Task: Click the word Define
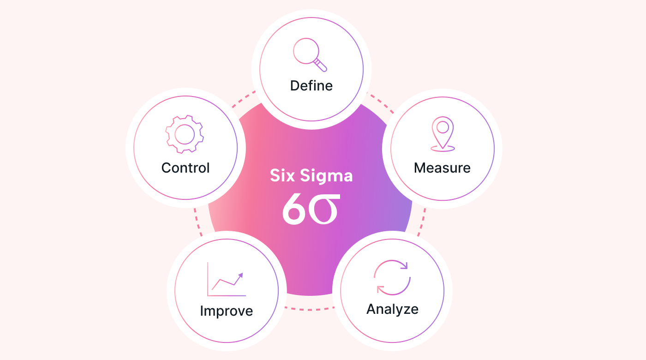311,86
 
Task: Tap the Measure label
442,168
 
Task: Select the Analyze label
392,310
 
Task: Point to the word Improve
227,311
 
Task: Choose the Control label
185,168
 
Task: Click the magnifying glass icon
310,54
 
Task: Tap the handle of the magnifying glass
320,65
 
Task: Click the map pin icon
443,134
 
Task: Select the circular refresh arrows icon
392,277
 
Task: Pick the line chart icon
227,279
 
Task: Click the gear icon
185,134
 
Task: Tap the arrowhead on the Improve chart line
240,275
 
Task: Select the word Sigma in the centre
327,176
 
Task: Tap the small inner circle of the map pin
443,127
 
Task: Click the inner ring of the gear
185,134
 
